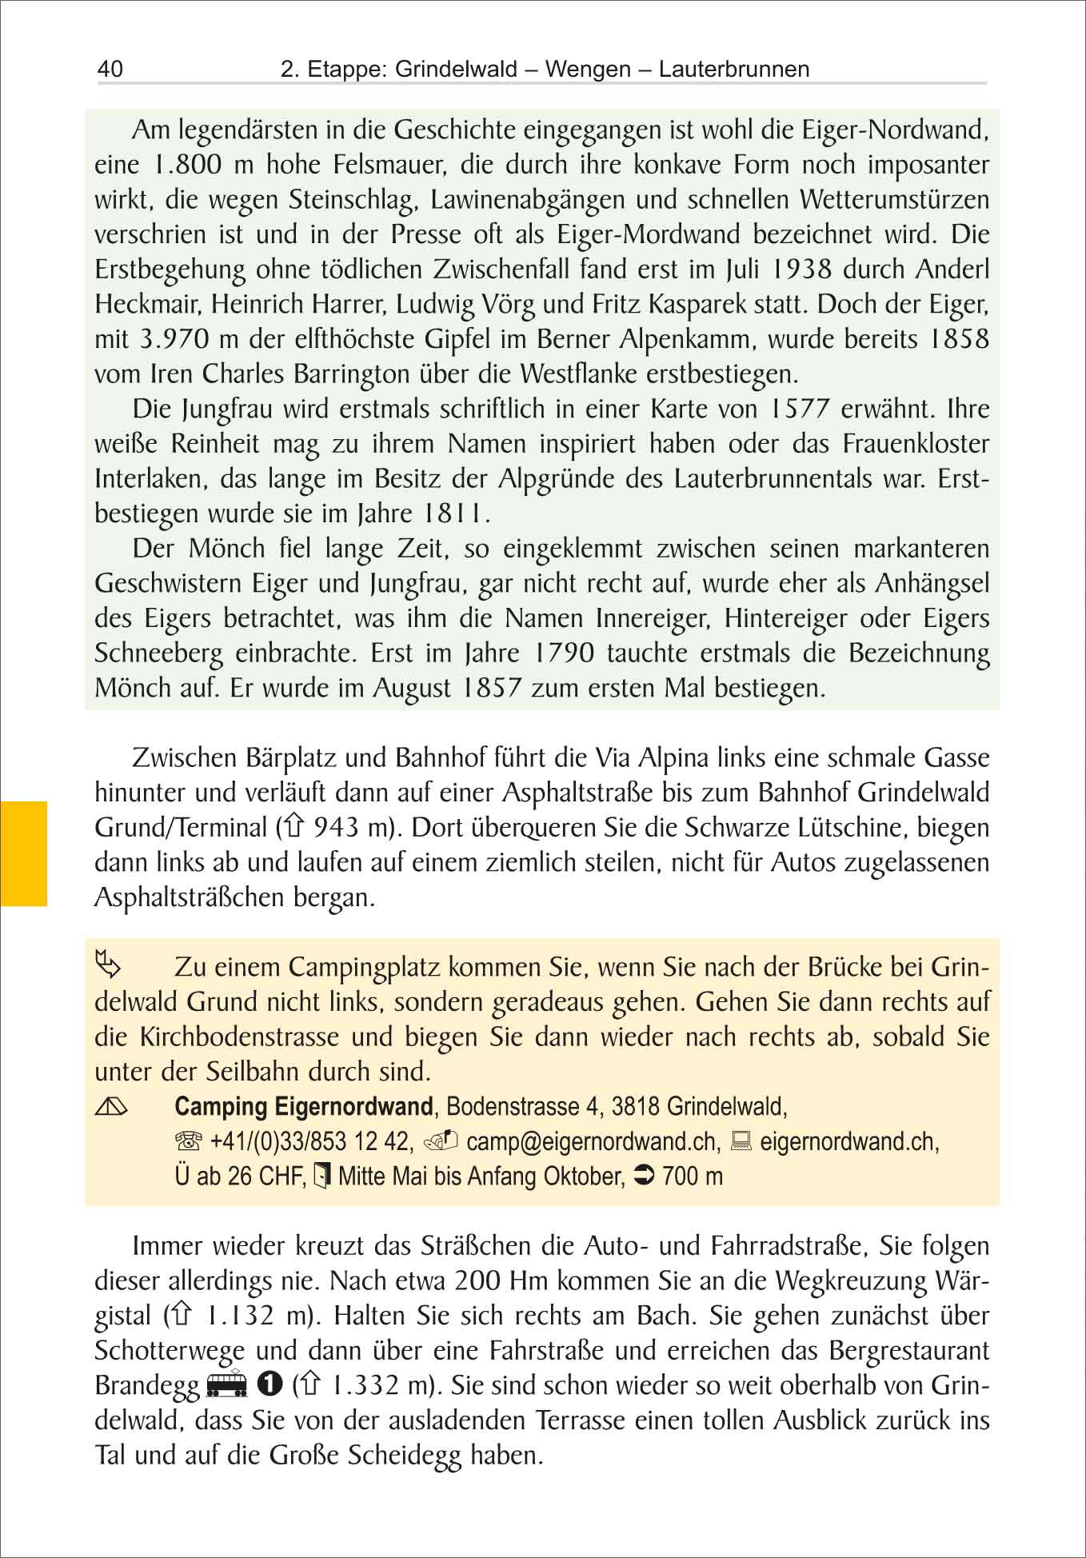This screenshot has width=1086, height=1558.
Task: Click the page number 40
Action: tap(110, 69)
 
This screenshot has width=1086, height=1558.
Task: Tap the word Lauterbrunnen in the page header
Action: tap(734, 70)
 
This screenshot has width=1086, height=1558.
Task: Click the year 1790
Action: tap(563, 653)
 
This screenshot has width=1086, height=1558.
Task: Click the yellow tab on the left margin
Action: tap(24, 853)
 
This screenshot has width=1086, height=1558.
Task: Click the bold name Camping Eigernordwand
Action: tap(304, 1107)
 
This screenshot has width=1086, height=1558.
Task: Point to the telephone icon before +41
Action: tap(189, 1142)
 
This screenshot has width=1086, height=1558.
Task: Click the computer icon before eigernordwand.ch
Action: tap(741, 1142)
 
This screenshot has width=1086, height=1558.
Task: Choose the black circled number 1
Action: tap(270, 1384)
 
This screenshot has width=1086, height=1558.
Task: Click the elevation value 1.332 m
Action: tap(379, 1385)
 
